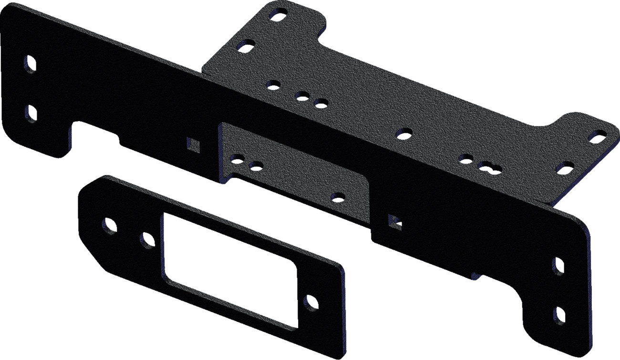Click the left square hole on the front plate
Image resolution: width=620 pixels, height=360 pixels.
click(x=194, y=144)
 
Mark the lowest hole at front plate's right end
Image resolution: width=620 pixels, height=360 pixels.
click(x=559, y=316)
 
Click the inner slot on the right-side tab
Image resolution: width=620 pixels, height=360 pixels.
click(x=565, y=167)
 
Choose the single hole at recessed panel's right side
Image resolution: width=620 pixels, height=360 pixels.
click(x=338, y=195)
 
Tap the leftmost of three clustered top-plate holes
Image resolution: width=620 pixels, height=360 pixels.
click(x=273, y=85)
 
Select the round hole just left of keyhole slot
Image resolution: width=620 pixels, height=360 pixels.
click(x=466, y=158)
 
